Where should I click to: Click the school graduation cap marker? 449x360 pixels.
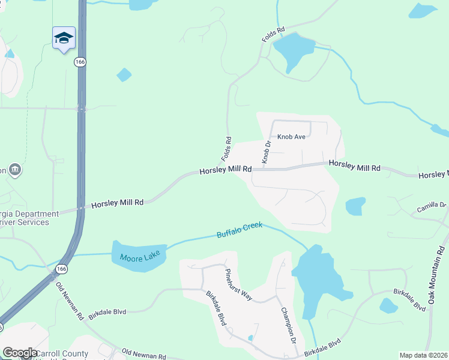click(x=64, y=38)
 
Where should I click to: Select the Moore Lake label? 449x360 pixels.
click(x=137, y=258)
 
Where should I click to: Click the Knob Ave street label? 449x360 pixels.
click(x=291, y=137)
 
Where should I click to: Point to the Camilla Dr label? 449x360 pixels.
click(x=432, y=208)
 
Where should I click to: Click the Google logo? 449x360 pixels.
click(x=20, y=353)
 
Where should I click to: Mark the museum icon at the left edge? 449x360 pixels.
click(x=16, y=170)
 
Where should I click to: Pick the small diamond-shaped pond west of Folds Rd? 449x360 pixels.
click(x=124, y=74)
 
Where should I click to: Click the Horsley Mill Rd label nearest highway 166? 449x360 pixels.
click(x=117, y=203)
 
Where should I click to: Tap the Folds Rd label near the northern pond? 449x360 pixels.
click(x=273, y=34)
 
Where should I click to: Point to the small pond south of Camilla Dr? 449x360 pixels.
click(x=388, y=305)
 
